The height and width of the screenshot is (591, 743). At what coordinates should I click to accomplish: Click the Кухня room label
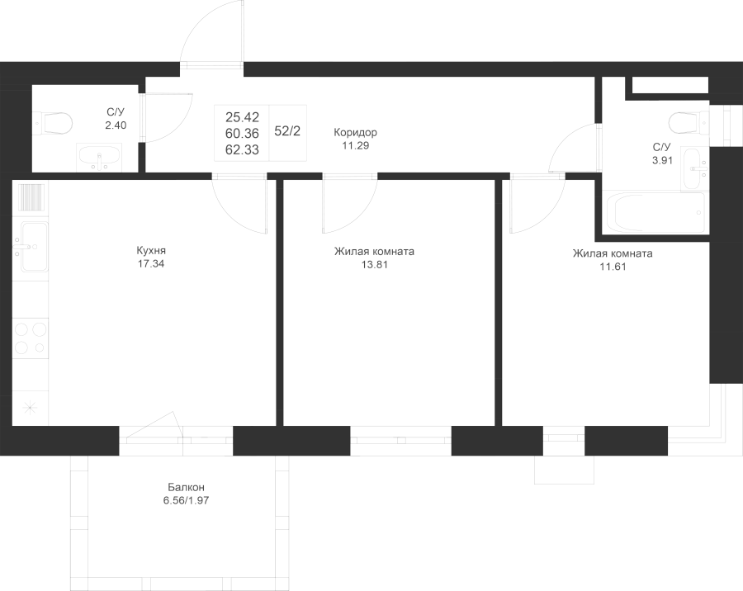tap(151, 250)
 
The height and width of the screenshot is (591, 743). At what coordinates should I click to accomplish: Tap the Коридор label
tap(355, 132)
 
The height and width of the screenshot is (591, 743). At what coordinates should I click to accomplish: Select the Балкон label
tap(187, 487)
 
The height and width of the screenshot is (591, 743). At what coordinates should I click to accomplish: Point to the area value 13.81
tap(375, 264)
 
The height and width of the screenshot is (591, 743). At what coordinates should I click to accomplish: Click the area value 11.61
tap(613, 267)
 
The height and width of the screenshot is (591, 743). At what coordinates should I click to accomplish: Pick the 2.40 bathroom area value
tap(116, 125)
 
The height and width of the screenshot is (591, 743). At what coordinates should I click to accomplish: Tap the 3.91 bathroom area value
tap(662, 160)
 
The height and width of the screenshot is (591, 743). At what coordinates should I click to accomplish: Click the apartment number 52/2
tap(287, 131)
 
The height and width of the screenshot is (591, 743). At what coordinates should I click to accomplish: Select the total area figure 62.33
tap(242, 149)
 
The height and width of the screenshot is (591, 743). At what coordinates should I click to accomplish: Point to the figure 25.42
tap(242, 116)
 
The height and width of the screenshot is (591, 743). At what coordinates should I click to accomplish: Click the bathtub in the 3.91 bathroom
tap(655, 212)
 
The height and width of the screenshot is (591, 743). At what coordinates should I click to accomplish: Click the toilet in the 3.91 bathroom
tap(689, 123)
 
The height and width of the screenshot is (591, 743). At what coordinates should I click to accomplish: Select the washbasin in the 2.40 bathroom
tap(98, 158)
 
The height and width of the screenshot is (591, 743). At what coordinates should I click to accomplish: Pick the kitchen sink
tap(31, 247)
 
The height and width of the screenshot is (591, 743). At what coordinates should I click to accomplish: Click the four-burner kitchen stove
tap(31, 338)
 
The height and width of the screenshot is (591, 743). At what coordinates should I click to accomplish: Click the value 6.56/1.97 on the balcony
tap(187, 500)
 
